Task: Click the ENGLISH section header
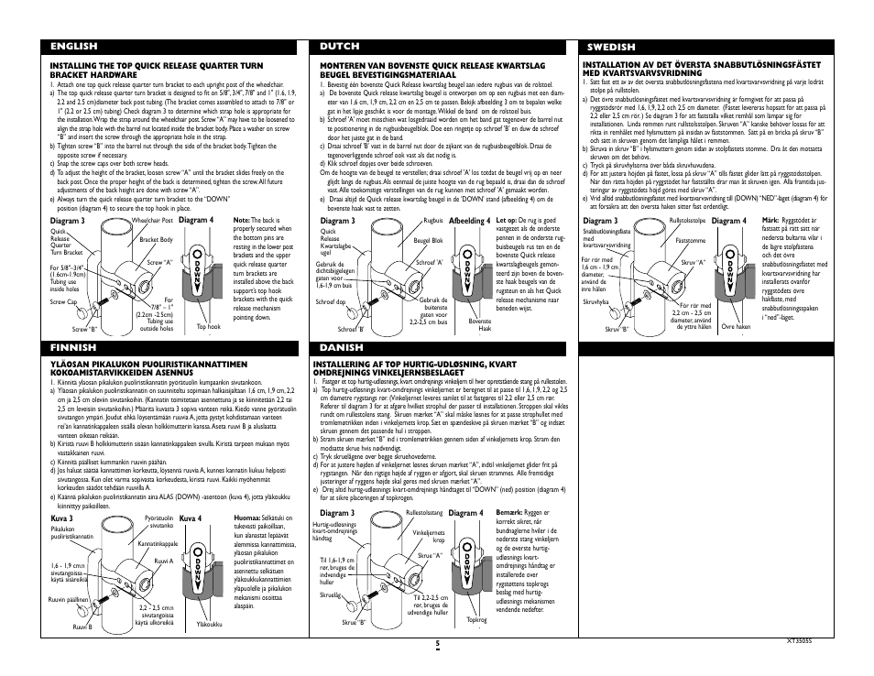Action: click(74, 46)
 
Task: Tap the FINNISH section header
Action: click(74, 348)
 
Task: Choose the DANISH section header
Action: click(341, 348)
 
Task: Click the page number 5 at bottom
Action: click(438, 644)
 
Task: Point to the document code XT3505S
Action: click(800, 641)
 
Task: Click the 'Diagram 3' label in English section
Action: click(68, 221)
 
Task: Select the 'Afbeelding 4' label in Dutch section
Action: click(468, 221)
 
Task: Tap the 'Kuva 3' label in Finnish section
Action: click(61, 518)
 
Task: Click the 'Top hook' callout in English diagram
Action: click(209, 326)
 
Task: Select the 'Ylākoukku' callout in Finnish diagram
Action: click(211, 626)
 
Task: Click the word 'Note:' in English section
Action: click(242, 221)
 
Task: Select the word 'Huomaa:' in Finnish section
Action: click(249, 518)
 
